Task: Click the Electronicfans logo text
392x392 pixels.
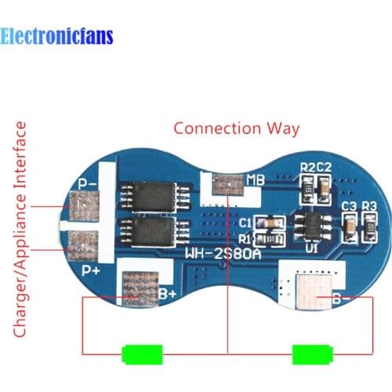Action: (x=57, y=36)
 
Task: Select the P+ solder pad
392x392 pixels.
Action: (x=81, y=245)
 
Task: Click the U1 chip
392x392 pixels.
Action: (x=310, y=222)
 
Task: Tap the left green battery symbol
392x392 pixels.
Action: (x=142, y=354)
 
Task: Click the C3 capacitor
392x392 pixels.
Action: (x=348, y=227)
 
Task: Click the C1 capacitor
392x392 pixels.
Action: (x=268, y=222)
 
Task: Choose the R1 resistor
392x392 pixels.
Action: (x=268, y=238)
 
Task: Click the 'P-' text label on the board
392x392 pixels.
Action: (x=88, y=184)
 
